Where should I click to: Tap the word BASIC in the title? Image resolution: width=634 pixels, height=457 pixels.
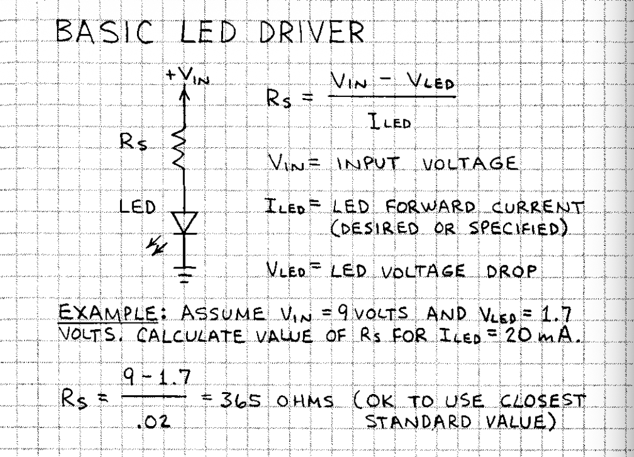click(104, 31)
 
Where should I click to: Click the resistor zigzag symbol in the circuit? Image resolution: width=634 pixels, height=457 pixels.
click(179, 148)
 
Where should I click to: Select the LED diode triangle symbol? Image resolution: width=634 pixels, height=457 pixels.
click(184, 223)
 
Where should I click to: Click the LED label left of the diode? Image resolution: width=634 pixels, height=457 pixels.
click(138, 207)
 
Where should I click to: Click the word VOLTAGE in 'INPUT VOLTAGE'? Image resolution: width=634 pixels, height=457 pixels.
click(470, 164)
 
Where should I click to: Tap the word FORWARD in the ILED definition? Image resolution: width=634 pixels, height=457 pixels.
click(430, 207)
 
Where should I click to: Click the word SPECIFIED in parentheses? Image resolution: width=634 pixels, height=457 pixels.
click(519, 228)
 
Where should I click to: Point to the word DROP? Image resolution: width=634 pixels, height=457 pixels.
click(512, 270)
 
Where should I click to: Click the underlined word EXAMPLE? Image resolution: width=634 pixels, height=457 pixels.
click(108, 314)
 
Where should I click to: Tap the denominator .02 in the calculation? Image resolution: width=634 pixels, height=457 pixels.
click(153, 422)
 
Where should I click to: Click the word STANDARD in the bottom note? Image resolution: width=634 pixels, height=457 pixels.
click(418, 421)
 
